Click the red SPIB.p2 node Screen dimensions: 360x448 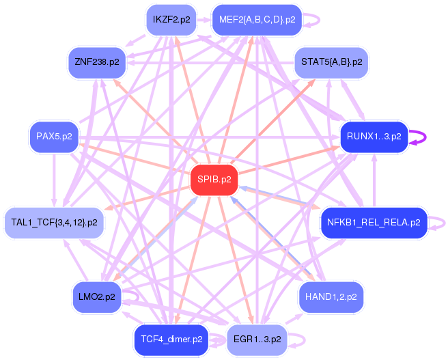click(214, 180)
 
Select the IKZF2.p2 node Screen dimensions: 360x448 click(171, 20)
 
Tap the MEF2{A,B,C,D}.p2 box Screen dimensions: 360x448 click(257, 20)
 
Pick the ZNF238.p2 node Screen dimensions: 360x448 click(96, 62)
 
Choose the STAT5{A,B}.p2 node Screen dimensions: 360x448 click(331, 62)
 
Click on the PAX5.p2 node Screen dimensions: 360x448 click(54, 137)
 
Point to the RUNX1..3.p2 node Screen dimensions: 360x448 click(374, 137)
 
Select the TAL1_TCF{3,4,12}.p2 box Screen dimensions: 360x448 click(55, 222)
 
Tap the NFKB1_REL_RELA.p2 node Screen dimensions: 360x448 click(373, 222)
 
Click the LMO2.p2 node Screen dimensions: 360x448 click(96, 296)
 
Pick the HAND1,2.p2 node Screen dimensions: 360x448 click(331, 296)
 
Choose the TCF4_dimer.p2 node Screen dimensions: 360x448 click(171, 339)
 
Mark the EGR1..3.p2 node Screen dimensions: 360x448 click(257, 339)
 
